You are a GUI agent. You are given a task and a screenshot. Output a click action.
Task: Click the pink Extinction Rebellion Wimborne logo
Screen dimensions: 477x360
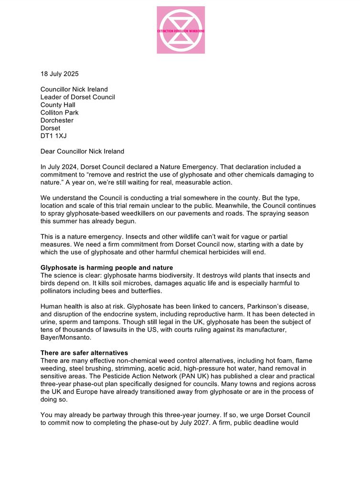180,30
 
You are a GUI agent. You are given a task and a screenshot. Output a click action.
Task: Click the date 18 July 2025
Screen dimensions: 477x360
59,74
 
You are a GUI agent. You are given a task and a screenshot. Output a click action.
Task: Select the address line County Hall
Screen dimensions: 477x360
58,105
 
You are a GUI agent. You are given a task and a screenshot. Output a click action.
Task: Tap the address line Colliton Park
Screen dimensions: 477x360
60,113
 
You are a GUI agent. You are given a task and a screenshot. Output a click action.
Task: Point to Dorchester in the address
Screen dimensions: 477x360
57,120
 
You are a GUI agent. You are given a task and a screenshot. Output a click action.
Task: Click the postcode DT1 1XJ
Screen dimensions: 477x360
53,136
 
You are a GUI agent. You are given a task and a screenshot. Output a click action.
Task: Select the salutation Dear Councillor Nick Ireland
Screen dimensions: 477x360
82,152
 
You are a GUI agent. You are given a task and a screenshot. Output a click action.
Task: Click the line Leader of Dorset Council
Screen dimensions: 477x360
78,97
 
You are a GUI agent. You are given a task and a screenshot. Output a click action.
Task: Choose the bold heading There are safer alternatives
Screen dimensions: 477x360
85,353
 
